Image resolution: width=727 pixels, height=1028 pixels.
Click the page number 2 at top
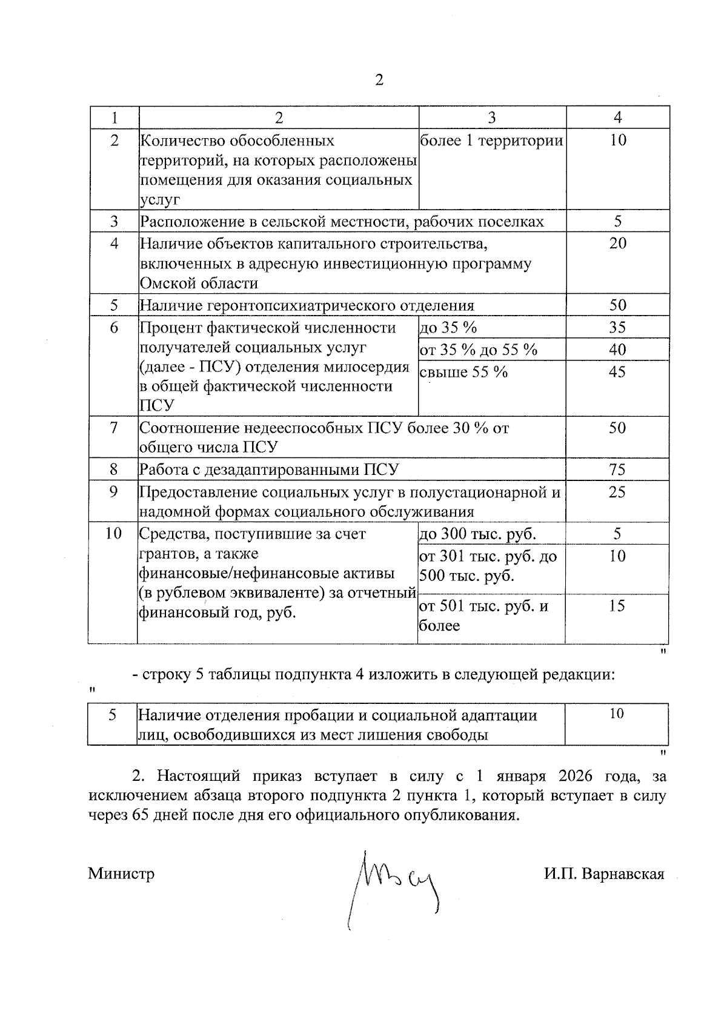point(379,80)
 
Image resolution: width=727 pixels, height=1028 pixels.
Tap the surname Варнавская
point(622,874)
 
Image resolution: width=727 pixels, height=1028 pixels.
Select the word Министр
point(121,874)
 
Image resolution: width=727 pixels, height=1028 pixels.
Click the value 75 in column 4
point(617,469)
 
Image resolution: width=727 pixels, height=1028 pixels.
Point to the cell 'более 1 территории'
point(491,141)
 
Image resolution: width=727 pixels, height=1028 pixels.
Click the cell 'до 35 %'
point(448,328)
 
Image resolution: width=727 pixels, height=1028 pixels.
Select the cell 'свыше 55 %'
point(464,372)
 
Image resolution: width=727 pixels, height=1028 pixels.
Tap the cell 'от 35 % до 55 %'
point(479,350)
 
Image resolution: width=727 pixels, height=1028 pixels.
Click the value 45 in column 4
point(617,372)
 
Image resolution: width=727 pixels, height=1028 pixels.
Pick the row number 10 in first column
point(113,534)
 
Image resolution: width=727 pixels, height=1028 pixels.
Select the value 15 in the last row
point(617,606)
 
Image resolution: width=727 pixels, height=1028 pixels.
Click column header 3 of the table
point(491,118)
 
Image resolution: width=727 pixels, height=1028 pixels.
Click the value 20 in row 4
point(617,244)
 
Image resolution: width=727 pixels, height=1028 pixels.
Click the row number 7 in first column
point(113,428)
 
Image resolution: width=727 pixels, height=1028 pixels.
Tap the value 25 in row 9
point(617,492)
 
